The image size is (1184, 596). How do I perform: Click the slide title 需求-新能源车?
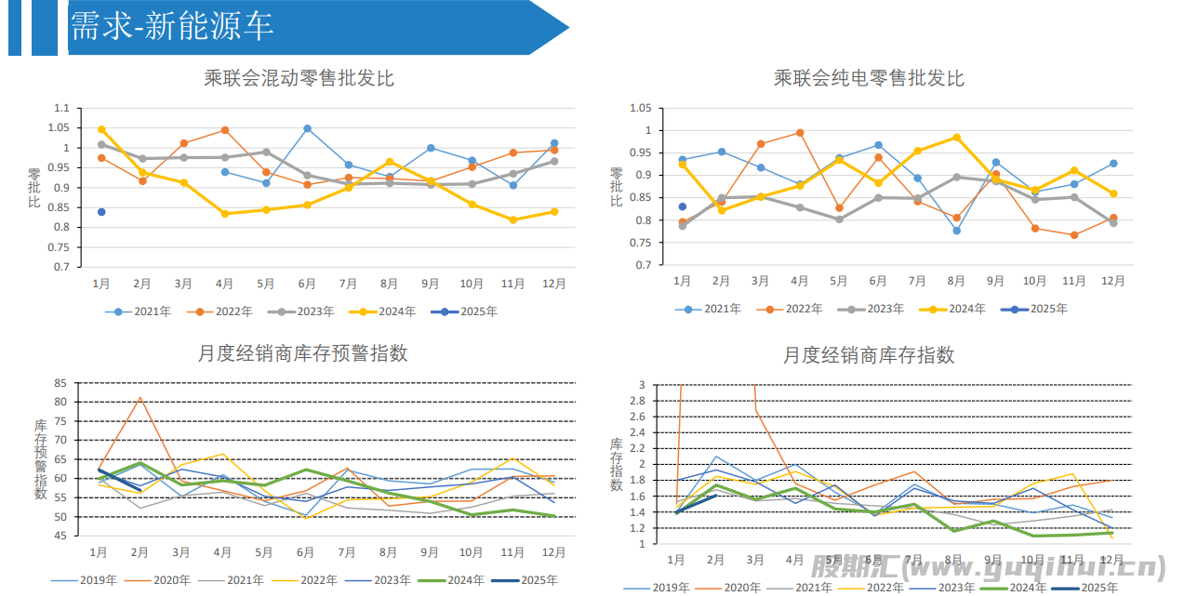[x=172, y=26]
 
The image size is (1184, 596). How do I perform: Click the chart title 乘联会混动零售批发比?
[x=299, y=78]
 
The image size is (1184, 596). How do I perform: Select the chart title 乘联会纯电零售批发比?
[x=869, y=78]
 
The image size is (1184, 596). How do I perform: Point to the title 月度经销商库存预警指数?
[x=302, y=353]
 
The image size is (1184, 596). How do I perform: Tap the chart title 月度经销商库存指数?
[x=869, y=355]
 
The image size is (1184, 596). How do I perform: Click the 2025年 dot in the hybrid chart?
[x=101, y=212]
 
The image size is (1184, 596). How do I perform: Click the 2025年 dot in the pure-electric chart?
[x=682, y=206]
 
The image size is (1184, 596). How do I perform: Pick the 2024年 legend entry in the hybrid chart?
[x=382, y=311]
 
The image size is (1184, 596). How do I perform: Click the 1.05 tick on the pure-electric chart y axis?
[x=640, y=108]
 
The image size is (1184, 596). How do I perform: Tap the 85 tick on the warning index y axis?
[x=60, y=383]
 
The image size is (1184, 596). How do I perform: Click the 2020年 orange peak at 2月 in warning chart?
[x=140, y=398]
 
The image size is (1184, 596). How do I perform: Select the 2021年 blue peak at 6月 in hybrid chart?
[x=307, y=128]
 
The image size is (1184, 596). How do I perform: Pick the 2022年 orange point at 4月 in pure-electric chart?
[x=800, y=133]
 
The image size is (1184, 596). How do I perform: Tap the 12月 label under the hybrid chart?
[x=553, y=283]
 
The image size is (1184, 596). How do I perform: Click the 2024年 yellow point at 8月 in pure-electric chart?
[x=956, y=138]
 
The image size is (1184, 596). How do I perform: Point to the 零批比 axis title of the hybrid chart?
[x=33, y=188]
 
